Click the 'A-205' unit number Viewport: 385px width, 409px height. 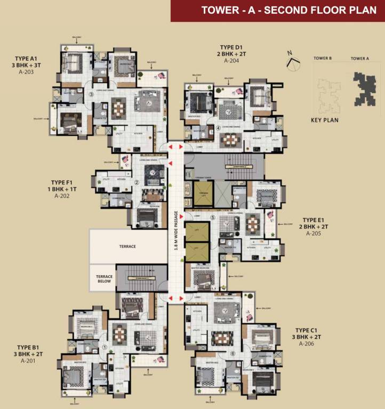pos(317,233)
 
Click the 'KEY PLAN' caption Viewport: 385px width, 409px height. pos(324,120)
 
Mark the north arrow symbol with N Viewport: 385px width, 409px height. pos(292,60)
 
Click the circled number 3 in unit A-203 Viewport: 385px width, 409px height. pos(92,95)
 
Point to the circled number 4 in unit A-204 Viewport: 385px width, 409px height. pos(219,128)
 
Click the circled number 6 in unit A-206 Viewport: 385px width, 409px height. pos(232,353)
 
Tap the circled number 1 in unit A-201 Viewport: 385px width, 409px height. pos(105,347)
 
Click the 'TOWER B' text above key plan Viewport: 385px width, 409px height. pos(323,59)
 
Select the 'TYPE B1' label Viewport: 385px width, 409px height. pos(27,347)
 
